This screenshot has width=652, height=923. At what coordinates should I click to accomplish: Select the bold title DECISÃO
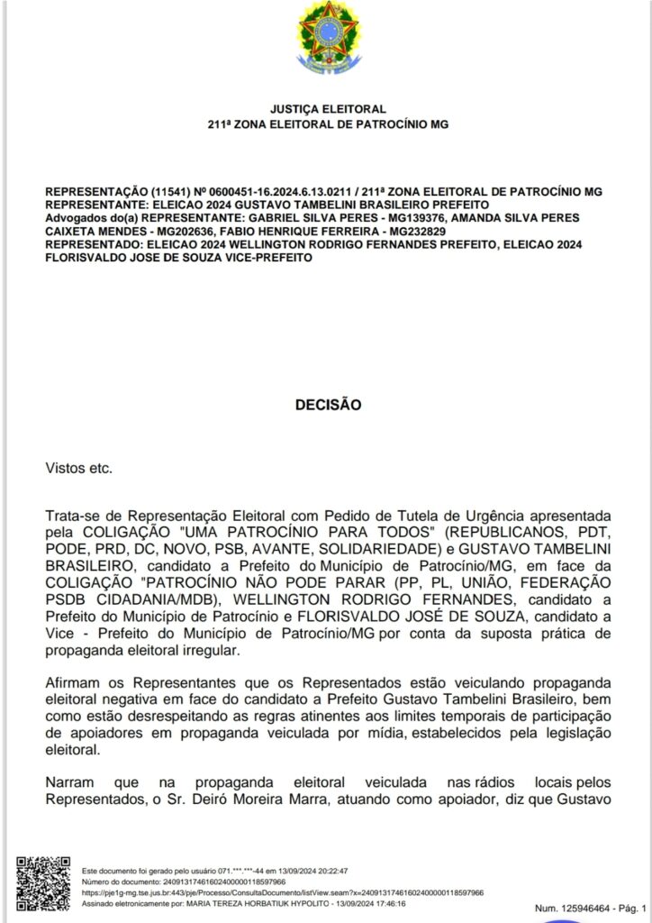(327, 405)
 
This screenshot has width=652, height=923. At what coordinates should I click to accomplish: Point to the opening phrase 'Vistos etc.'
(79, 469)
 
